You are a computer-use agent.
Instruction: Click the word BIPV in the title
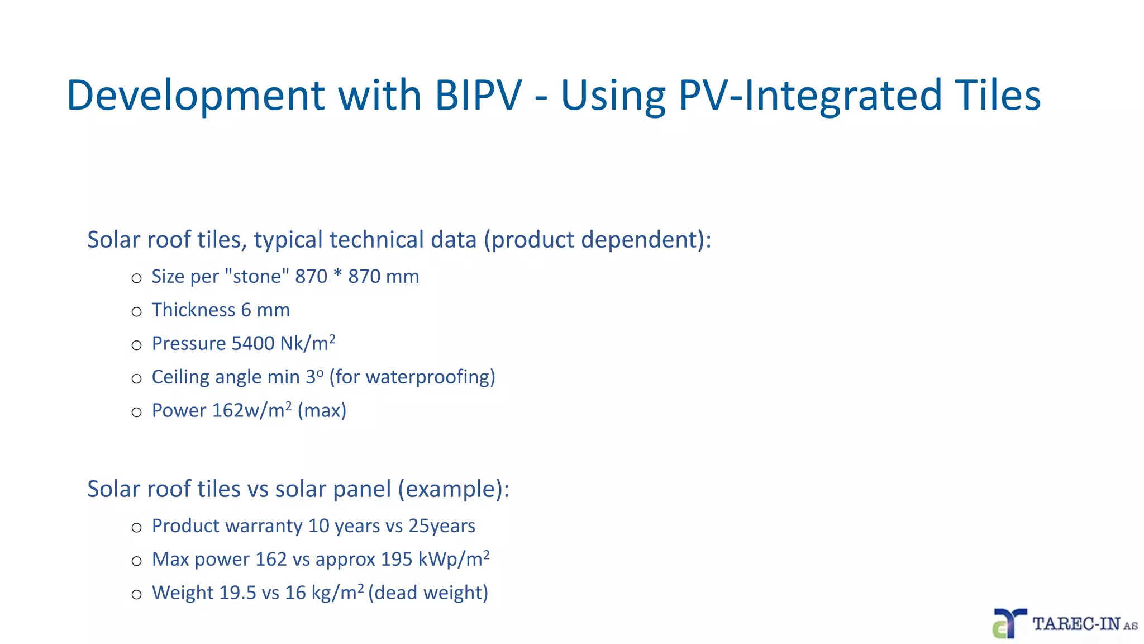(478, 95)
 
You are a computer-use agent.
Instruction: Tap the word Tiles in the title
(998, 95)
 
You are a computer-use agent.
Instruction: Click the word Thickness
(193, 310)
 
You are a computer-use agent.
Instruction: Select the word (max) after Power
(322, 410)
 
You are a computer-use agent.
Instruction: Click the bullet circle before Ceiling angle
(137, 379)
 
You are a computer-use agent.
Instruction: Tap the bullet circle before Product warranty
(137, 528)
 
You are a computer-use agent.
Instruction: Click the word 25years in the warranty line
(442, 525)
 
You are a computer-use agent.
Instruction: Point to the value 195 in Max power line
(397, 559)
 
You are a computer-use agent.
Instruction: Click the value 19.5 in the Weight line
(237, 593)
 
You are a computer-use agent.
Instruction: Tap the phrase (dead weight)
(428, 593)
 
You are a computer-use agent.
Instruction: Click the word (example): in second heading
(454, 489)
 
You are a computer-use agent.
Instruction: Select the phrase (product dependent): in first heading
(597, 240)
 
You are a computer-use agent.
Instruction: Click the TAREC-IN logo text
(1077, 624)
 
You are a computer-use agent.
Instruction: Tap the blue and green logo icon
(1009, 624)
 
